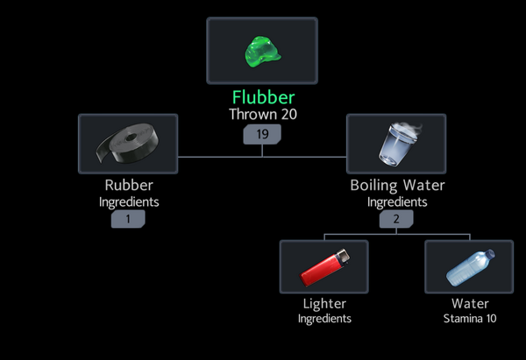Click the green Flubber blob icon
(262, 52)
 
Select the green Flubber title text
(263, 97)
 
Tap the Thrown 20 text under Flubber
(263, 114)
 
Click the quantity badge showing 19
(262, 134)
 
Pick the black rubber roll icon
(128, 144)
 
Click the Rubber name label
(129, 185)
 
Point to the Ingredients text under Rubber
(129, 202)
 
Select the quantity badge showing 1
(128, 219)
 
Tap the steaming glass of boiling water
(399, 144)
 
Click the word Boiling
(373, 186)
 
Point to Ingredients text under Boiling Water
(397, 202)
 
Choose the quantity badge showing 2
(396, 219)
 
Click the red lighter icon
(324, 267)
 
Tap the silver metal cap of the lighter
(343, 257)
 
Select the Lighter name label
(324, 304)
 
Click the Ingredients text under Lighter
(324, 319)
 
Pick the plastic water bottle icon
(470, 267)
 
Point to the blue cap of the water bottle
(490, 253)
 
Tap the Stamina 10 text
(470, 319)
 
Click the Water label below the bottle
(470, 304)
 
